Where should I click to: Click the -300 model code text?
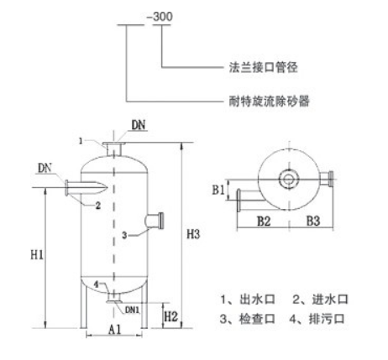160,17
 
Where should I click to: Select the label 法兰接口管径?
263,67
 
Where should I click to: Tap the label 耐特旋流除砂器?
269,101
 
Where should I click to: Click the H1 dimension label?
37,255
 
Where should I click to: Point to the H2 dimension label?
171,316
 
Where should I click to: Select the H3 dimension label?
193,234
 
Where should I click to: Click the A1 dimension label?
115,329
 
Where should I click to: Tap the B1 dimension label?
218,190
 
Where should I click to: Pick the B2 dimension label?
264,221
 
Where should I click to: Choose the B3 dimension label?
313,221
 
